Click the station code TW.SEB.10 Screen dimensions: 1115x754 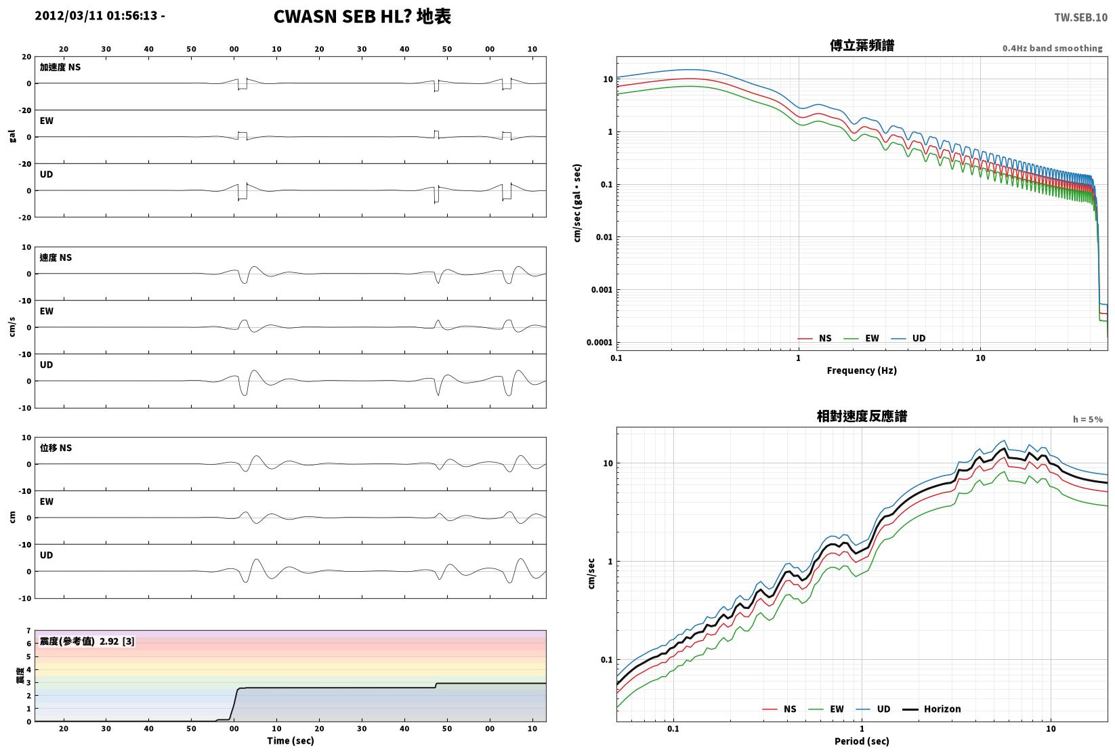(x=1080, y=18)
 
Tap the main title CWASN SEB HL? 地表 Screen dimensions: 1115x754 (x=362, y=16)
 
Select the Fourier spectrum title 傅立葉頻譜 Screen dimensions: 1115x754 (x=862, y=45)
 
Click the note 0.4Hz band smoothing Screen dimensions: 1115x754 (x=1052, y=48)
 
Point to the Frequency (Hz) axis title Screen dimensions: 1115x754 (x=862, y=371)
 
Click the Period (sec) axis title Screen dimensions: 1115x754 (x=862, y=741)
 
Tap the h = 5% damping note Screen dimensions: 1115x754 (x=1088, y=419)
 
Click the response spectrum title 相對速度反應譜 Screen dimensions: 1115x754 (x=862, y=416)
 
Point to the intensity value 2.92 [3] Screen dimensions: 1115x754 (x=117, y=641)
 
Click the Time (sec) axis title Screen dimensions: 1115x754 (x=291, y=740)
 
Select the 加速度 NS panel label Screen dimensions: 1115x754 (x=60, y=67)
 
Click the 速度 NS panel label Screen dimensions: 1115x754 (x=56, y=257)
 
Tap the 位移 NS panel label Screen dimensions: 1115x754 (x=56, y=448)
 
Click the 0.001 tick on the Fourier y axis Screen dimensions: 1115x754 (x=602, y=290)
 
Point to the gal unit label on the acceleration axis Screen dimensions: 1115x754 (x=12, y=136)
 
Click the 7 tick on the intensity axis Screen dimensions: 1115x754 (x=29, y=631)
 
